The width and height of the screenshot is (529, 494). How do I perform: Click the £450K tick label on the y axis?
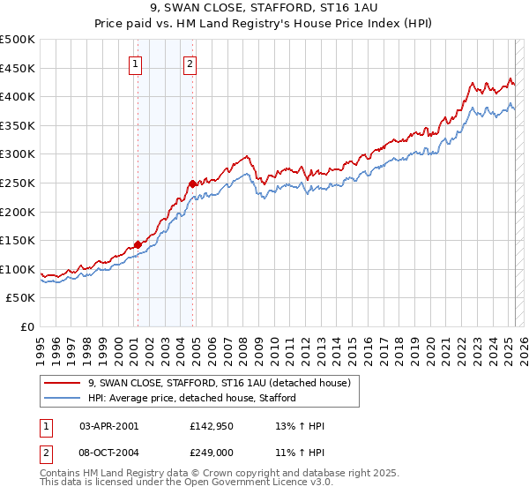click(18, 68)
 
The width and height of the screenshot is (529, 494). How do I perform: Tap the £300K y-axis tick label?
click(18, 154)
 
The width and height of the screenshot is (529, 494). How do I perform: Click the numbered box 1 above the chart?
click(136, 64)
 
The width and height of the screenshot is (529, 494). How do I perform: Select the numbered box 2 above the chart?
click(190, 64)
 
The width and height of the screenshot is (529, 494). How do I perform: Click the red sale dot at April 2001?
click(138, 244)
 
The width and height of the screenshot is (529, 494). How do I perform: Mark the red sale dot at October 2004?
click(192, 183)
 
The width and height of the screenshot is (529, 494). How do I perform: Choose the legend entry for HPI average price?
click(191, 398)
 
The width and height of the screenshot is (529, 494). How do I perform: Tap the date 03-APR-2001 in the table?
click(109, 426)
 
